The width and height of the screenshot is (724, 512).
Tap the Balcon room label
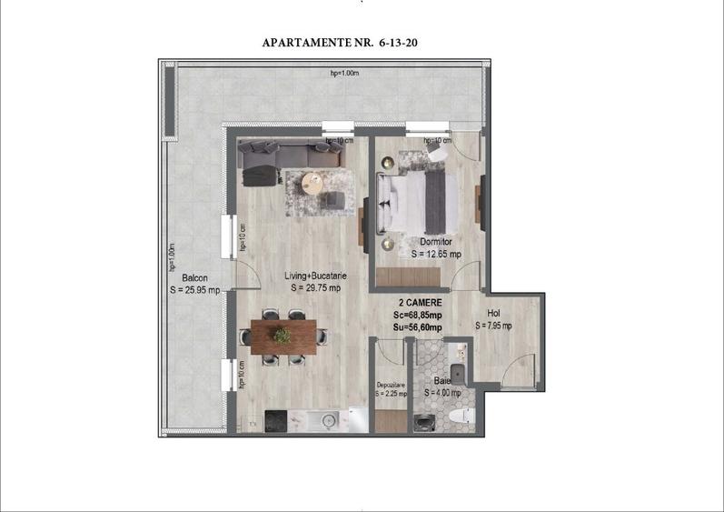coord(194,278)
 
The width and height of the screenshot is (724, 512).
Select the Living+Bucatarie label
coord(316,276)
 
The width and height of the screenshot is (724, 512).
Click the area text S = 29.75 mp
coord(316,288)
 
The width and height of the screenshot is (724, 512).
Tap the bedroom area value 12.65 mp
coord(437,255)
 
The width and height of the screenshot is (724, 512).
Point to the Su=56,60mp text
coord(419,327)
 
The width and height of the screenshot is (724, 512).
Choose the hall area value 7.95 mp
coord(493,325)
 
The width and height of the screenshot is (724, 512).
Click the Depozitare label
coord(391,385)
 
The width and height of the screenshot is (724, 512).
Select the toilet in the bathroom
coord(461,417)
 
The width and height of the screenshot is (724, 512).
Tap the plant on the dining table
coord(283,336)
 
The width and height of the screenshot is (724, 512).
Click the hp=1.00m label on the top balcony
coord(346,74)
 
